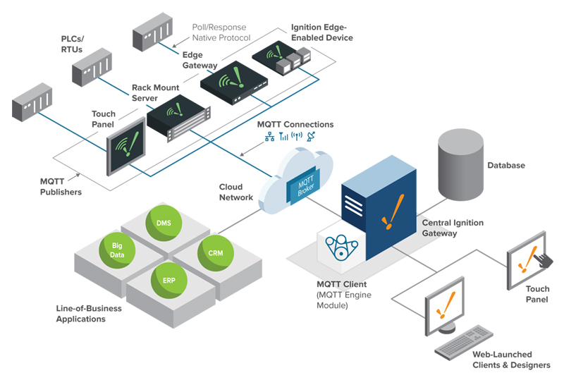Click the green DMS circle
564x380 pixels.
coord(164,224)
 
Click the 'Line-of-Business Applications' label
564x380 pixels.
coord(89,314)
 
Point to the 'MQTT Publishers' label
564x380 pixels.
coord(59,187)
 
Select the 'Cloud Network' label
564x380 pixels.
coord(235,192)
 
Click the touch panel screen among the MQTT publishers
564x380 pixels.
coord(125,145)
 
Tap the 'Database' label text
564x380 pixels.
coord(506,166)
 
